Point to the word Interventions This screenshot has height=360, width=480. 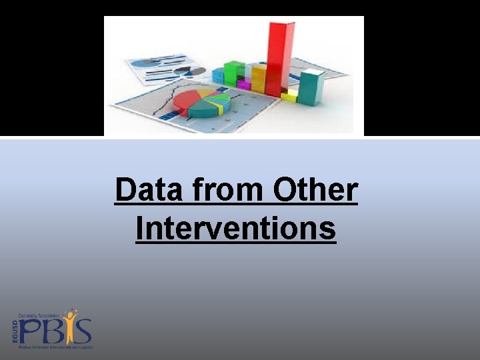point(235,229)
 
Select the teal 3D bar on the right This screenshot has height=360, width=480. point(311,87)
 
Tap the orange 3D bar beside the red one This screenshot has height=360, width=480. point(258,79)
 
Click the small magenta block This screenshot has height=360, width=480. point(244,85)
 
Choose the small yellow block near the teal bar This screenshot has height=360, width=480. point(289,96)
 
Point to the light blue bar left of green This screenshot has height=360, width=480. point(218,75)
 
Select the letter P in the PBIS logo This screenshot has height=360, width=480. point(30,331)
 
